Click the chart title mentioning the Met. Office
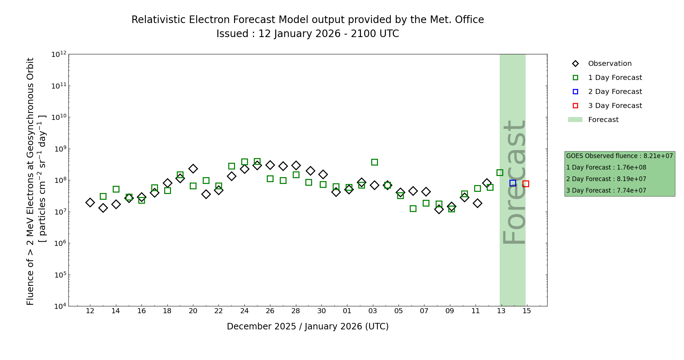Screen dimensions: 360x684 coord(307,20)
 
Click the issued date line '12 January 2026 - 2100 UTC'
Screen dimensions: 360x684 coord(307,34)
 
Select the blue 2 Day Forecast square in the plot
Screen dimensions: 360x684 coord(513,183)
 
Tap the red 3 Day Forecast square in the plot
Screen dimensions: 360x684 coord(526,184)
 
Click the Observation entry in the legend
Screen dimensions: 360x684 coord(609,64)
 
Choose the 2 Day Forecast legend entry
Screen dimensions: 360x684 coord(615,92)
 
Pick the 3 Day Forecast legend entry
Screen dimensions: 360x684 coord(615,106)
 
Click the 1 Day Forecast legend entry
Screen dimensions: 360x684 coord(615,78)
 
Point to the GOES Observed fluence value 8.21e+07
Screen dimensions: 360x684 coord(619,156)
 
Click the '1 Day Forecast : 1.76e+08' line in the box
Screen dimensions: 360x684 coord(606,167)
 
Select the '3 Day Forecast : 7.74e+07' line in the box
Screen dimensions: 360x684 coord(606,190)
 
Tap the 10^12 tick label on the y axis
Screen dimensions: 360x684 coord(59,54)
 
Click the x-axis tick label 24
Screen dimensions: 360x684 coord(244,311)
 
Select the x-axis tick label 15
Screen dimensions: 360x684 coord(527,311)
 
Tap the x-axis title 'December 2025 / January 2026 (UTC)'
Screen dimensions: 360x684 coord(307,327)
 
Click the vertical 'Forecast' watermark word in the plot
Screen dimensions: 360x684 coord(514,182)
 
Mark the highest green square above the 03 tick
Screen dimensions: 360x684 coord(374,162)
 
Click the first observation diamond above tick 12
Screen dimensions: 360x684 coord(90,203)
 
